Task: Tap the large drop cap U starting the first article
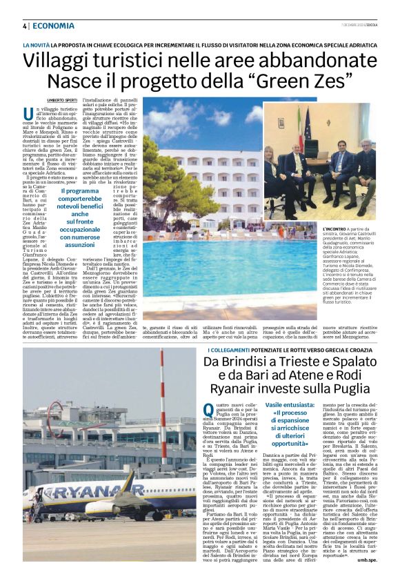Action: (29, 115)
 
